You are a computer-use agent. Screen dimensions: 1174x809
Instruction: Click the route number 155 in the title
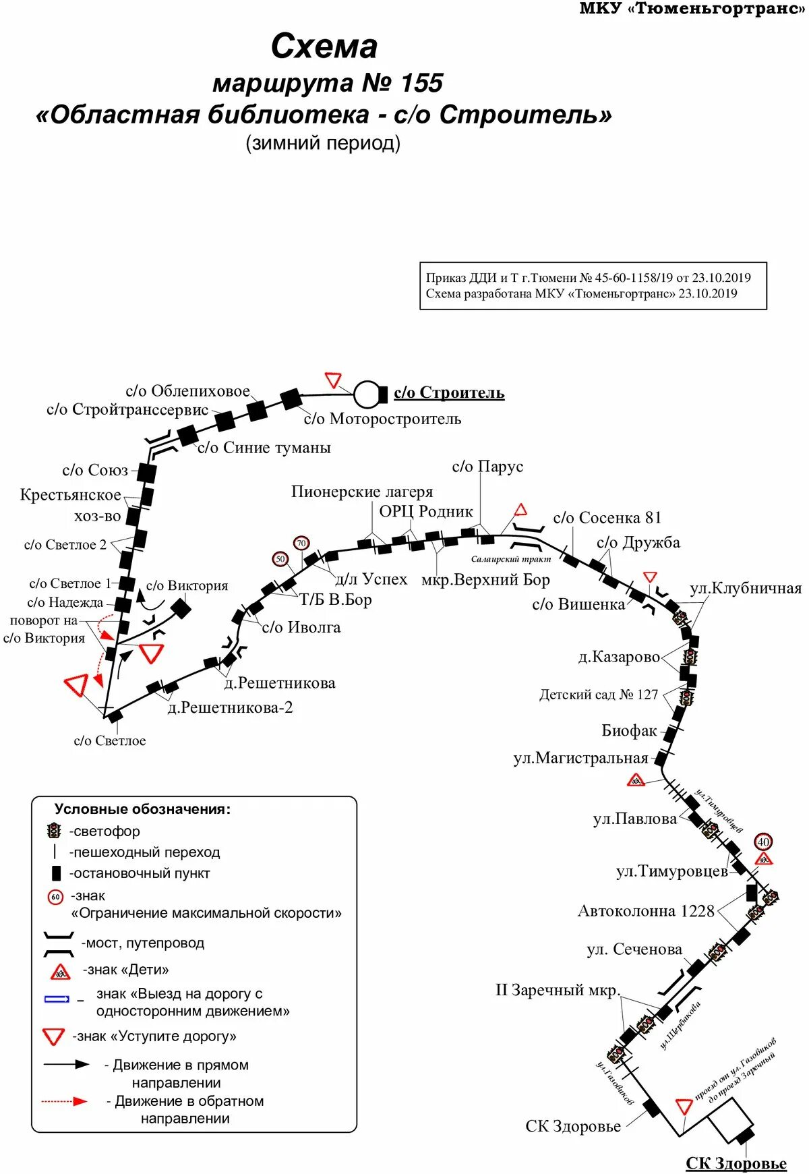point(421,83)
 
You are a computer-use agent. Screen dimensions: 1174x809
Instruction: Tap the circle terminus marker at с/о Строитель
point(367,394)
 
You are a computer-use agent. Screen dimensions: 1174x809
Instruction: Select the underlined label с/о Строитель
point(449,392)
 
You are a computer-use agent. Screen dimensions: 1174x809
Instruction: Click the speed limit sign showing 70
point(301,543)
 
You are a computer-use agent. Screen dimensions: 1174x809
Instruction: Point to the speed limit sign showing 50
point(280,559)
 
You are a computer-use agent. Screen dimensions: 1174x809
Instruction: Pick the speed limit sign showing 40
point(763,842)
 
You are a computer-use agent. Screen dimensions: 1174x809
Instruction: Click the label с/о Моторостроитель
point(382,419)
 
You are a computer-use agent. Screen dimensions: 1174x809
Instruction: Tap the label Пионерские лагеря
point(362,492)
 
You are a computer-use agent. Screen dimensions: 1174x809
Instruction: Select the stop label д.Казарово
point(619,657)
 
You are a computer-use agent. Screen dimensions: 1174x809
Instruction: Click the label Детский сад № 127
point(598,695)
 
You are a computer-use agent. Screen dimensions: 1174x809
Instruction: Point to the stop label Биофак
point(629,730)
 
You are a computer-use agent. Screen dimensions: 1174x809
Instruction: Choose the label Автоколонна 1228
point(646,911)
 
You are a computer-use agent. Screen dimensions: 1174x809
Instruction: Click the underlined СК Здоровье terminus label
point(736,1163)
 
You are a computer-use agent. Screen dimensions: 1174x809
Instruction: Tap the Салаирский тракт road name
point(510,559)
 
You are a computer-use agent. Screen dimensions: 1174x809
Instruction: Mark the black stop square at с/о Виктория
point(180,609)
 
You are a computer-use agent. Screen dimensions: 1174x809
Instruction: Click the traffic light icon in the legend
point(54,831)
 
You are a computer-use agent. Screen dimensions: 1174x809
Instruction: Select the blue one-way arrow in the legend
point(57,999)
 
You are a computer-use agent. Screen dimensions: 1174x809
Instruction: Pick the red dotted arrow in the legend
point(65,1101)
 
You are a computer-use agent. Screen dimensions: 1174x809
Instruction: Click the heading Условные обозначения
point(142,809)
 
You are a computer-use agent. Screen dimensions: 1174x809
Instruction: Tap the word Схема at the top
point(324,47)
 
